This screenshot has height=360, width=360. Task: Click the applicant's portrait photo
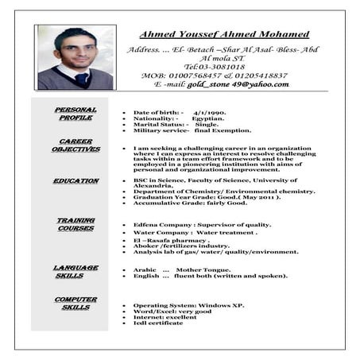(x=75, y=57)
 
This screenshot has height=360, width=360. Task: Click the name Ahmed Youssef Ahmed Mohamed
(x=224, y=34)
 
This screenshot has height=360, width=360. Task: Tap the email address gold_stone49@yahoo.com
(x=238, y=83)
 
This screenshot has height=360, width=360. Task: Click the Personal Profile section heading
(x=75, y=114)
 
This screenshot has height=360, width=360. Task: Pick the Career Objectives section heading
(x=75, y=145)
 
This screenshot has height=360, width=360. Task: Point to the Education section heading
(x=75, y=181)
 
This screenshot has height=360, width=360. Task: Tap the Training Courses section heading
(x=75, y=224)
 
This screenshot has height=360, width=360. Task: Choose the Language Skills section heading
(x=75, y=272)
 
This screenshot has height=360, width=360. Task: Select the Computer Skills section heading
(x=75, y=303)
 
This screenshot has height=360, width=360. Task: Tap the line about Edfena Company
(x=202, y=225)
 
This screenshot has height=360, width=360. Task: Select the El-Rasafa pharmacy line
(x=171, y=240)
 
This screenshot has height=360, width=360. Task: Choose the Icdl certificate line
(x=158, y=323)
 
